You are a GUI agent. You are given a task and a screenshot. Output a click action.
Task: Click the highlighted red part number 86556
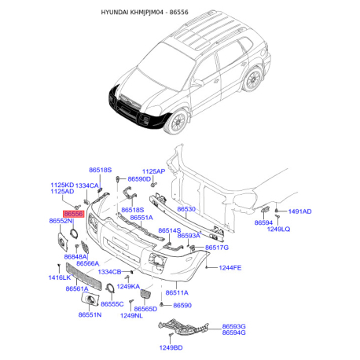74,214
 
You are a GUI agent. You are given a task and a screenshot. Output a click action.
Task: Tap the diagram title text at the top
145,12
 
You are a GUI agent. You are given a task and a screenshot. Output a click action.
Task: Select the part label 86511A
177,292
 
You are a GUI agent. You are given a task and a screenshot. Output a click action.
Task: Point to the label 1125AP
154,171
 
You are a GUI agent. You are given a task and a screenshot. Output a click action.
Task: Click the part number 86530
186,209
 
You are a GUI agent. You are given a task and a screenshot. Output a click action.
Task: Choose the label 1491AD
300,211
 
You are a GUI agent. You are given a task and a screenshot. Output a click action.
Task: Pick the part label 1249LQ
278,229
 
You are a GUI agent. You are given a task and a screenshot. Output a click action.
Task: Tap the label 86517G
217,248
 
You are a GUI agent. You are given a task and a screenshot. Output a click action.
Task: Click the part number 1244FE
230,267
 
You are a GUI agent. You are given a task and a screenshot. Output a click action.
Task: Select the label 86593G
234,326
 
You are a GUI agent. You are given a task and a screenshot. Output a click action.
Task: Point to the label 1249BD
171,347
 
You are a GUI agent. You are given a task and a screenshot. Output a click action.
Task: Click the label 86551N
90,314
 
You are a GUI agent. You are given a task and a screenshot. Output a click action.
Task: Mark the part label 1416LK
60,277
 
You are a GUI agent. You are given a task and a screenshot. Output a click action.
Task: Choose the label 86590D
139,179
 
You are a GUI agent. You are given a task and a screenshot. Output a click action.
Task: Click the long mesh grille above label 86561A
83,277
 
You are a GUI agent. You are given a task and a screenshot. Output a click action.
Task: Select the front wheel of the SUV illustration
178,123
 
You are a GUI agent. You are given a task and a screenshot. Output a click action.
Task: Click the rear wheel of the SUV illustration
252,79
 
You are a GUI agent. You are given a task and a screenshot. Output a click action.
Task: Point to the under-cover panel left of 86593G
183,328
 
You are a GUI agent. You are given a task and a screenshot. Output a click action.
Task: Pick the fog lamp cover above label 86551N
90,299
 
